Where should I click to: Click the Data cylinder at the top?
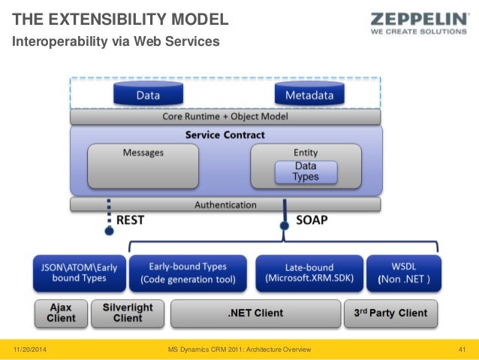pyautogui.click(x=147, y=95)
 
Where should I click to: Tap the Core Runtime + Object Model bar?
pyautogui.click(x=225, y=117)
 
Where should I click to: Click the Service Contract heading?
pyautogui.click(x=225, y=135)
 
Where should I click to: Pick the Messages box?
pyautogui.click(x=143, y=166)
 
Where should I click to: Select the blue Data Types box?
pyautogui.click(x=305, y=171)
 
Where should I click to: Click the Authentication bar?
pyautogui.click(x=225, y=204)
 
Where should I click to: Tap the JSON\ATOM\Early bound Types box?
pyautogui.click(x=80, y=273)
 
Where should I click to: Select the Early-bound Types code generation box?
pyautogui.click(x=188, y=273)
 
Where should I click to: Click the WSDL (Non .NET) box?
pyautogui.click(x=403, y=273)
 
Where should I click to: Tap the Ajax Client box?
pyautogui.click(x=60, y=313)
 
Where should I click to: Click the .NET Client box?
pyautogui.click(x=255, y=313)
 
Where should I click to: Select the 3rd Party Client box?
pyautogui.click(x=391, y=313)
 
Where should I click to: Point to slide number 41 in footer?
pyautogui.click(x=462, y=350)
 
